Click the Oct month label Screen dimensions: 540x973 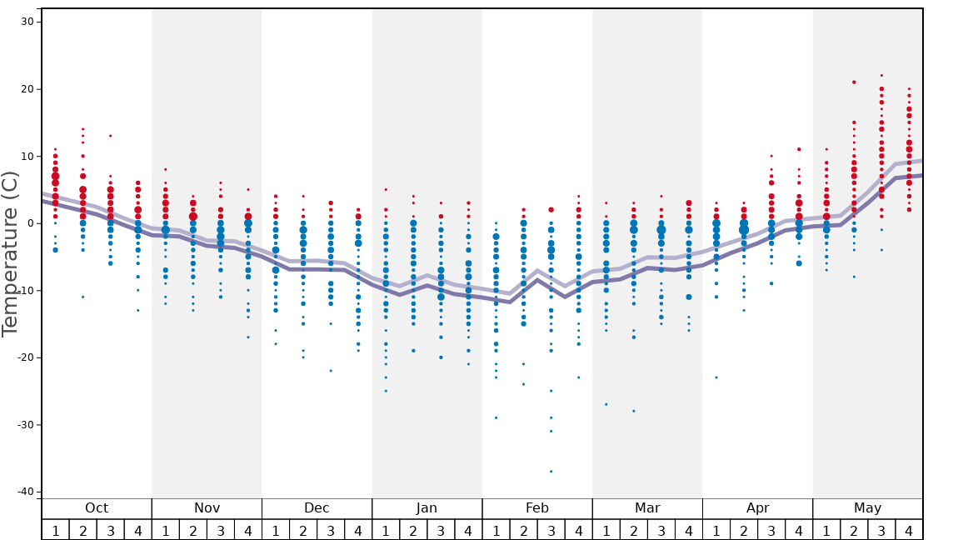pyautogui.click(x=97, y=508)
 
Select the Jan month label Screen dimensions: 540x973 pyautogui.click(x=427, y=508)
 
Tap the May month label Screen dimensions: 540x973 pyautogui.click(x=867, y=508)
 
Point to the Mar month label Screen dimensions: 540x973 pyautogui.click(x=647, y=508)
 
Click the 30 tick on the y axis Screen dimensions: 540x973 pyautogui.click(x=27, y=22)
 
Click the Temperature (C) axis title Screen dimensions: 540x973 pyautogui.click(x=10, y=253)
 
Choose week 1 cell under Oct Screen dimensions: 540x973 pyautogui.click(x=55, y=530)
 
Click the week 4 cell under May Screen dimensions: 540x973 pyautogui.click(x=909, y=530)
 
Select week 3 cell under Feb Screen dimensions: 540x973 pyautogui.click(x=551, y=530)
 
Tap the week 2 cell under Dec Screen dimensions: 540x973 pyautogui.click(x=303, y=530)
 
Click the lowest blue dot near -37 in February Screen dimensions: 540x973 pyautogui.click(x=551, y=472)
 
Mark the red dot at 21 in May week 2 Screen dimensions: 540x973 pyautogui.click(x=854, y=82)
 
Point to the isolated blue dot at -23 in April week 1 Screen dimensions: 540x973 pyautogui.click(x=716, y=377)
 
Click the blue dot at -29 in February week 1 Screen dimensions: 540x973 pyautogui.click(x=496, y=417)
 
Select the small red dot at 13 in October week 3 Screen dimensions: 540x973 pyautogui.click(x=110, y=136)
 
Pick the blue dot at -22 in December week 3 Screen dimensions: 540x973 pyautogui.click(x=331, y=371)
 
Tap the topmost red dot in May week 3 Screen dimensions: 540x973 pyautogui.click(x=881, y=75)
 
